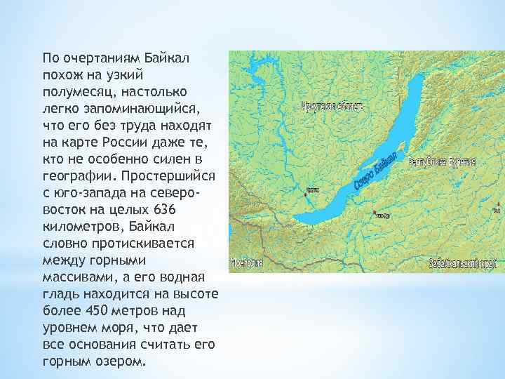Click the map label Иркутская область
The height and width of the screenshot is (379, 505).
click(x=332, y=107)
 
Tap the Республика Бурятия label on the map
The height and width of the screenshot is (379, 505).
click(x=442, y=161)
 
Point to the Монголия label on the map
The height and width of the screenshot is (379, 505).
click(x=246, y=263)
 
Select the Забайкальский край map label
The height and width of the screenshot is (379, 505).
click(x=463, y=263)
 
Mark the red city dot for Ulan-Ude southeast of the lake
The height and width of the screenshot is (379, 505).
click(x=376, y=212)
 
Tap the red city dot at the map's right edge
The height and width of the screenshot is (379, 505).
click(x=496, y=208)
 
